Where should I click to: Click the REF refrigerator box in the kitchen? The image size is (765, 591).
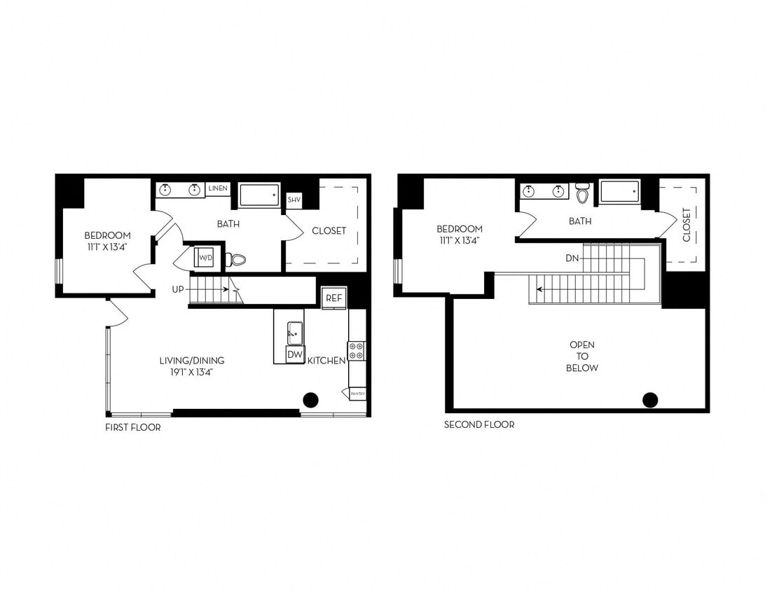click(x=333, y=298)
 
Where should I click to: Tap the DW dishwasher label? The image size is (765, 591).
click(x=296, y=355)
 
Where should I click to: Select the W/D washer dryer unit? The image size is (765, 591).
click(x=206, y=258)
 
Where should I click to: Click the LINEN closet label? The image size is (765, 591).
click(x=218, y=189)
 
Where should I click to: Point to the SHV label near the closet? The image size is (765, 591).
click(x=294, y=200)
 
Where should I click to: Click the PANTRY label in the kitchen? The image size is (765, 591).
click(x=357, y=394)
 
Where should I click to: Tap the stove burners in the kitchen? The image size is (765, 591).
click(x=357, y=351)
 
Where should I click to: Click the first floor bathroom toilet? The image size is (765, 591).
click(x=237, y=260)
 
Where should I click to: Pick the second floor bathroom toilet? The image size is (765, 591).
click(x=582, y=192)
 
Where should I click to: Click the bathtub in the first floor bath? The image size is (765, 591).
click(x=259, y=195)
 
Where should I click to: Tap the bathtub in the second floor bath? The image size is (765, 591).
click(x=619, y=191)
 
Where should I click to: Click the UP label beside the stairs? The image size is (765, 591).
click(x=179, y=289)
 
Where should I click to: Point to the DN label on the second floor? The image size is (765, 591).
click(x=572, y=258)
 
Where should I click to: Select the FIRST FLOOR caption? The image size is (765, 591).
click(x=132, y=427)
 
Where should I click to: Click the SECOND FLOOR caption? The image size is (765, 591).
click(x=479, y=424)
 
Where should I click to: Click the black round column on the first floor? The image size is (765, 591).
click(x=310, y=400)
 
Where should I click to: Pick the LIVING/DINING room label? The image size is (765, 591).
click(x=191, y=366)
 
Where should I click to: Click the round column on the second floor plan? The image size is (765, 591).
click(x=650, y=400)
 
